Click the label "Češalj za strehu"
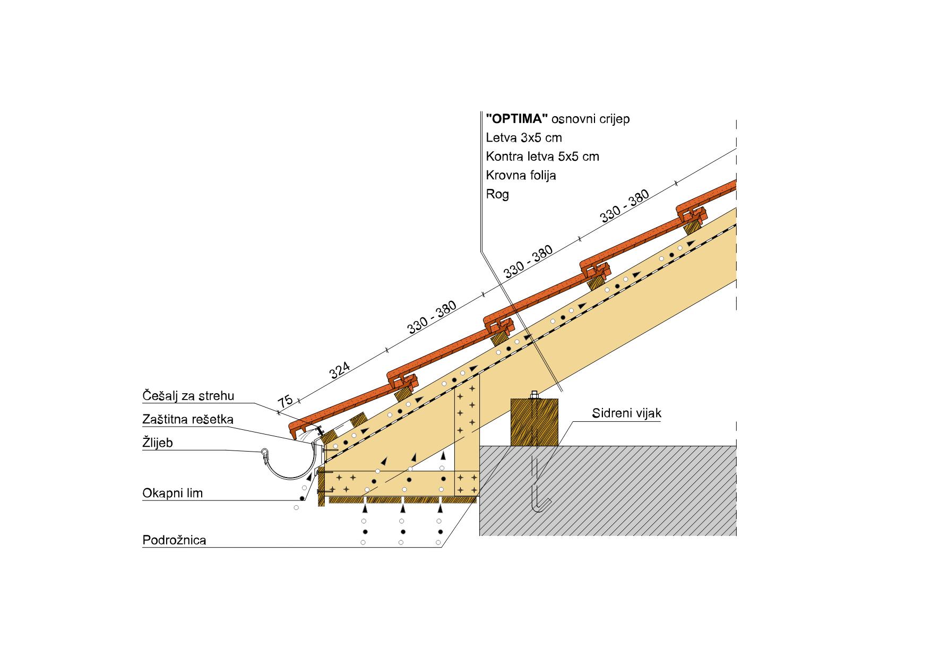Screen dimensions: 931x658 [x=188, y=396]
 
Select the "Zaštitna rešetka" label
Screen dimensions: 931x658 [x=188, y=419]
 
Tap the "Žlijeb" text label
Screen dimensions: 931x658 [x=158, y=443]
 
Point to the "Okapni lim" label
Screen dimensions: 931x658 [x=173, y=493]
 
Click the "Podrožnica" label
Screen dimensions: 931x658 [x=174, y=541]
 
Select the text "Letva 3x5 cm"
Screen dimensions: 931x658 [x=524, y=137]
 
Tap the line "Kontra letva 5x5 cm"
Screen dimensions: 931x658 [x=542, y=157]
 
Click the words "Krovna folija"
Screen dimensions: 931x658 [x=521, y=175]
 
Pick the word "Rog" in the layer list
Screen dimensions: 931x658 [x=497, y=194]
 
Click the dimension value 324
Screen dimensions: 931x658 [x=340, y=370]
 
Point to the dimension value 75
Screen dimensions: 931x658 [x=286, y=401]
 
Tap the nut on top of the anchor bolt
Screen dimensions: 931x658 [x=534, y=395]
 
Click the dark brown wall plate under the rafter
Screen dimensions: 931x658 [x=535, y=422]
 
